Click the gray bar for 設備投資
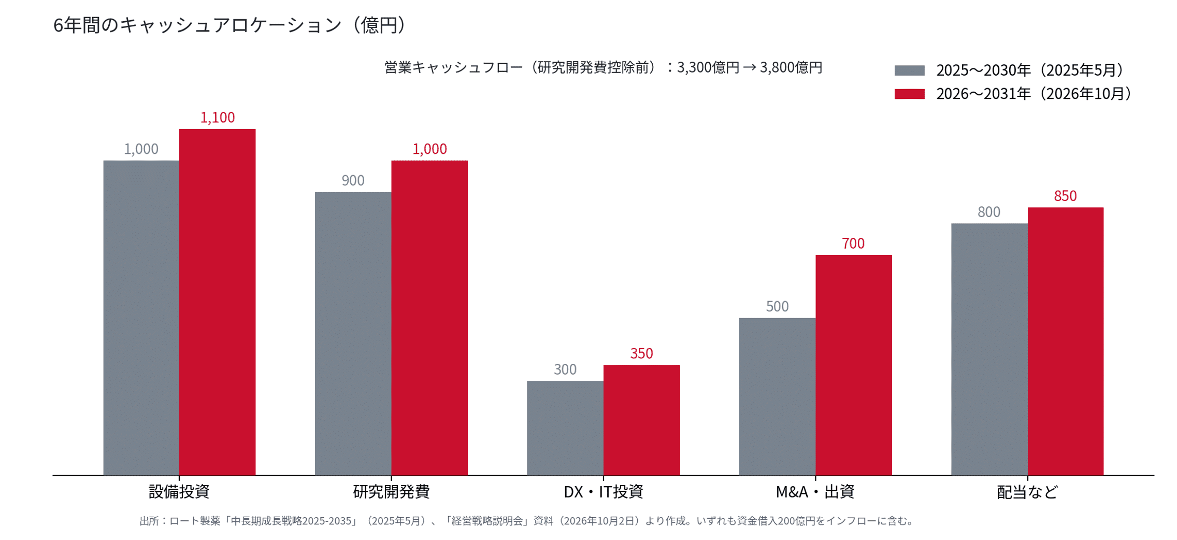coord(141,318)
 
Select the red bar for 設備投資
coord(217,302)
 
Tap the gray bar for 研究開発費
coord(353,334)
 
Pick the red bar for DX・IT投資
coord(641,420)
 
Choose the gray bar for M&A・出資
coord(777,396)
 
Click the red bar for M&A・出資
coord(854,365)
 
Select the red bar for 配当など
coord(1066,342)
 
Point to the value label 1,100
coord(218,118)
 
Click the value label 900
coord(353,180)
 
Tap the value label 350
coord(641,353)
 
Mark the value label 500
coord(777,306)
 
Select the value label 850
coord(1065,196)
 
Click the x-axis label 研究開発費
coord(391,491)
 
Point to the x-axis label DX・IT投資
coord(603,491)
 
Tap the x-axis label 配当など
coord(1027,491)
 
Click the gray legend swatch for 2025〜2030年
coord(909,70)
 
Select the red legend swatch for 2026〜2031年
coord(909,94)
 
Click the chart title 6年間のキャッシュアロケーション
coord(197,25)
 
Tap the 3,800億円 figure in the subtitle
coord(791,67)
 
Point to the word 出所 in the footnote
coord(149,521)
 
